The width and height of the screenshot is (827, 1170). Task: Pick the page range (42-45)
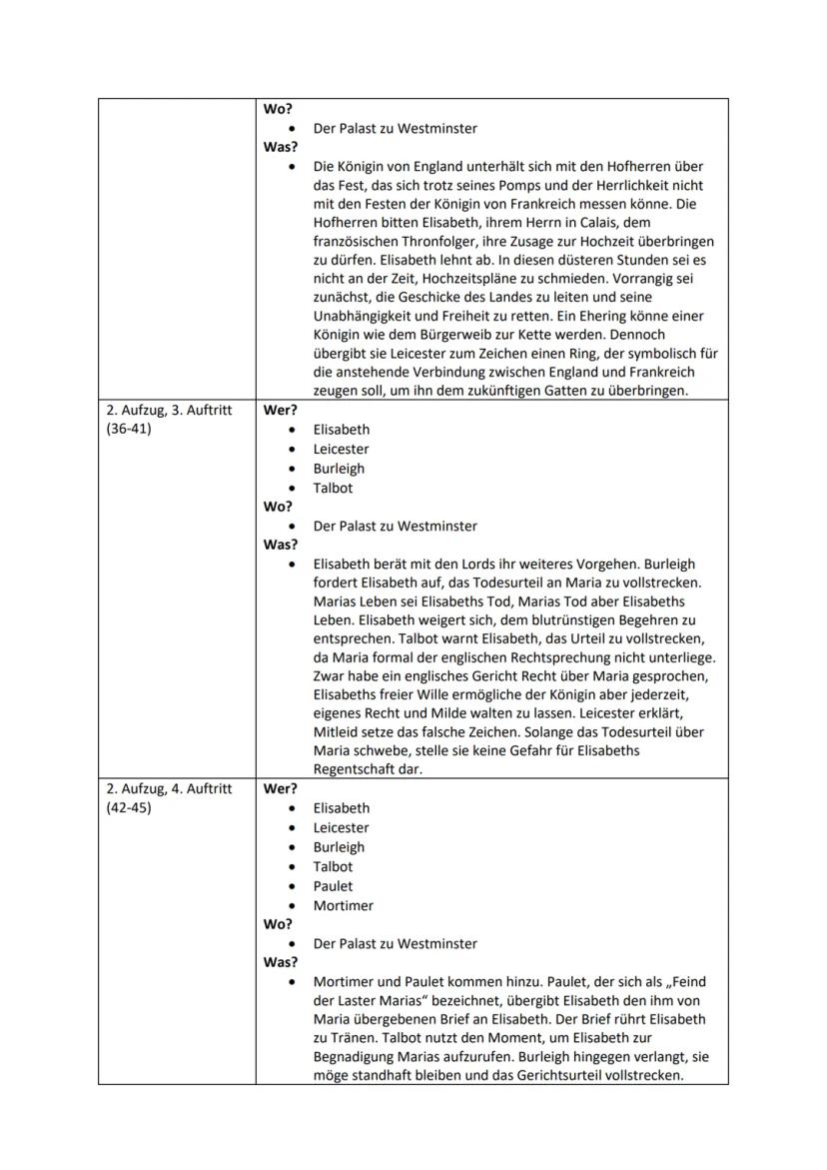(x=127, y=807)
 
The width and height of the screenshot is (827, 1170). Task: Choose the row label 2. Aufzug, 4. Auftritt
(x=168, y=788)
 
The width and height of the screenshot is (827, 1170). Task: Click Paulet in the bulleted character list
(x=334, y=886)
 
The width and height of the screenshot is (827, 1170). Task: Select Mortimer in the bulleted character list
(x=343, y=905)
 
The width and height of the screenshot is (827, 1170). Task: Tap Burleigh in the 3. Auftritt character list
(x=339, y=468)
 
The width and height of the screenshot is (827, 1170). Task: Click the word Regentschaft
(x=354, y=769)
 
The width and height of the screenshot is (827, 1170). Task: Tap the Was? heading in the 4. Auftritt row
(x=280, y=963)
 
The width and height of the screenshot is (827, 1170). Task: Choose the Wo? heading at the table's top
(x=277, y=109)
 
